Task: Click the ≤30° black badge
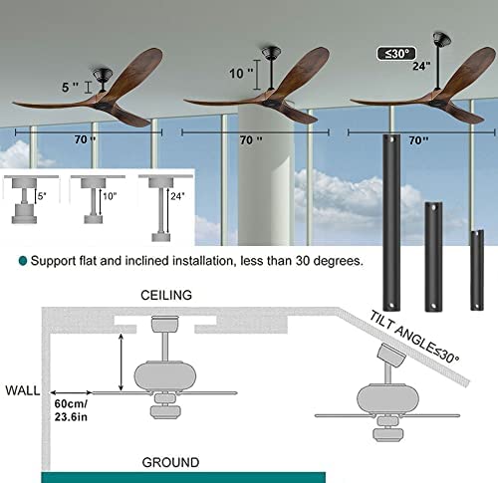click(396, 53)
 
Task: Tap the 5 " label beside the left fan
click(71, 88)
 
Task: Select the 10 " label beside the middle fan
click(241, 74)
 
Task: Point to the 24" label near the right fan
click(421, 66)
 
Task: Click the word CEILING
click(166, 295)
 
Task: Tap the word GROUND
click(170, 462)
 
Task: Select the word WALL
click(23, 390)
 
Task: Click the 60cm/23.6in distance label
click(71, 410)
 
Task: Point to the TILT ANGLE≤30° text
click(414, 337)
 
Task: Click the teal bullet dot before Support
click(23, 261)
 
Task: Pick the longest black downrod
click(391, 222)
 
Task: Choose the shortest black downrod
click(477, 270)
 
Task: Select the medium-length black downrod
click(433, 257)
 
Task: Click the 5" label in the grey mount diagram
click(42, 196)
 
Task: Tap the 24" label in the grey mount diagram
click(177, 196)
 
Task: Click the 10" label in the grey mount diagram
click(110, 196)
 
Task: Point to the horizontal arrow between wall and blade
click(71, 392)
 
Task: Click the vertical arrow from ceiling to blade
click(122, 362)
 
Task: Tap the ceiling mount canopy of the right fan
click(441, 39)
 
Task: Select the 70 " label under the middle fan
click(251, 140)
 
